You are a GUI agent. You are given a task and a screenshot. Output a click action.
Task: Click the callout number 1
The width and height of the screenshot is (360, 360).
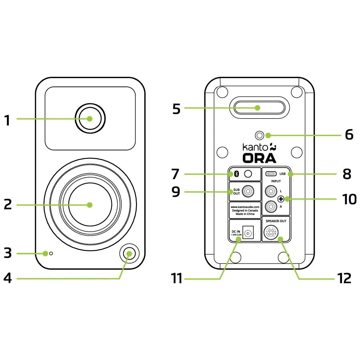click(x=7, y=120)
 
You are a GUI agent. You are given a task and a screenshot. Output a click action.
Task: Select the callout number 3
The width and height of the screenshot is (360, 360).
click(x=8, y=253)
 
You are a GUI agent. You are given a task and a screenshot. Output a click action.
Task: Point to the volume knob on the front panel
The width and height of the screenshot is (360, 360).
click(x=128, y=253)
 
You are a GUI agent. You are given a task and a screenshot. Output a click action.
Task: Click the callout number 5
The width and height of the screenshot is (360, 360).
click(x=176, y=109)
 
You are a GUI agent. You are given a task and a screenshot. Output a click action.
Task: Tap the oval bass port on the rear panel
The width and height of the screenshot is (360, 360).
click(x=258, y=108)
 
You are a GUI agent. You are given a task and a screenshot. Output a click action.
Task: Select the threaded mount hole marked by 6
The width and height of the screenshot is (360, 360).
click(x=262, y=135)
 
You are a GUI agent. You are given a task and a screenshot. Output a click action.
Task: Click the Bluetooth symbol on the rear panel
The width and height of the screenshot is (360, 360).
click(x=236, y=174)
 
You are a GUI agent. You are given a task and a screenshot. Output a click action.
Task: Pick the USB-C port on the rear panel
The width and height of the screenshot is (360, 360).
click(x=271, y=174)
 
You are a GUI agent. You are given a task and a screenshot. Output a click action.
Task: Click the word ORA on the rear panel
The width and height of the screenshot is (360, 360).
click(x=259, y=158)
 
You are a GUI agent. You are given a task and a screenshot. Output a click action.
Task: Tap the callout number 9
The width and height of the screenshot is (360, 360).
click(x=176, y=192)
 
